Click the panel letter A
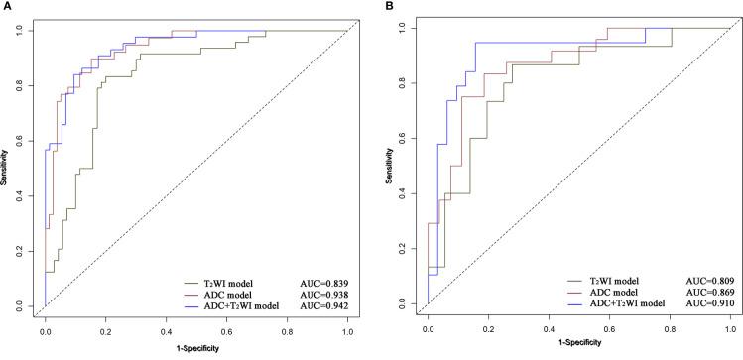pos(5,6)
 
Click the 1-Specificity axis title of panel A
pos(195,350)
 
